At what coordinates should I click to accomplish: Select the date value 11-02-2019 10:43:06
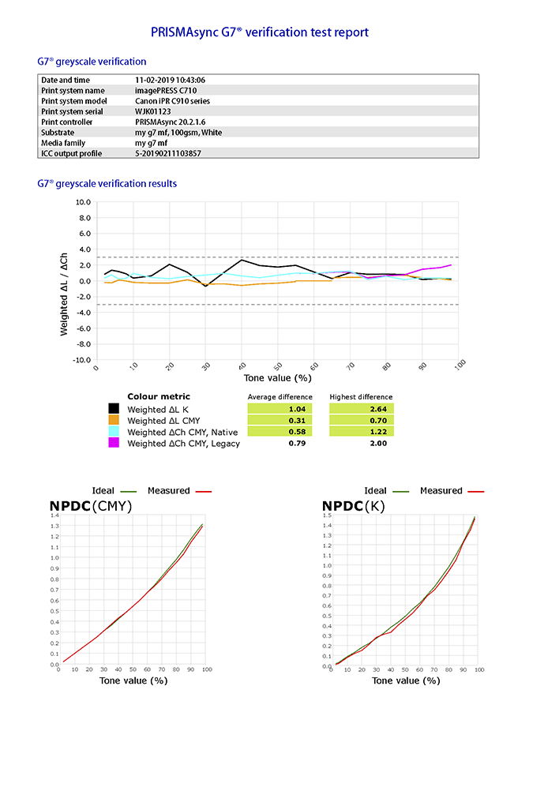[171, 80]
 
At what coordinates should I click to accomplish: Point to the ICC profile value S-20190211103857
[168, 153]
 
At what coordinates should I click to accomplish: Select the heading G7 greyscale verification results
[107, 184]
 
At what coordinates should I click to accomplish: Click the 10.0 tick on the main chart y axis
[82, 202]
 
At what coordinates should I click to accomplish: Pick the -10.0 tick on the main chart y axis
[81, 360]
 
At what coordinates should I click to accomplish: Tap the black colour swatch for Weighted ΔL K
[114, 409]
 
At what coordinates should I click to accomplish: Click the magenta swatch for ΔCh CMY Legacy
[114, 443]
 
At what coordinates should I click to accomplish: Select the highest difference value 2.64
[361, 409]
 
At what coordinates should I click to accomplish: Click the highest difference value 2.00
[361, 443]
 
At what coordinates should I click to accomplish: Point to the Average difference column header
[279, 396]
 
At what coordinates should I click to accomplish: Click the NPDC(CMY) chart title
[91, 506]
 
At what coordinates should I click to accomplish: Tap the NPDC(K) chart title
[354, 506]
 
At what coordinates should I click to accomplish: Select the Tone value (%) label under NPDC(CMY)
[133, 680]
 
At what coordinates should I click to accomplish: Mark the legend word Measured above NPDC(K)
[441, 490]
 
